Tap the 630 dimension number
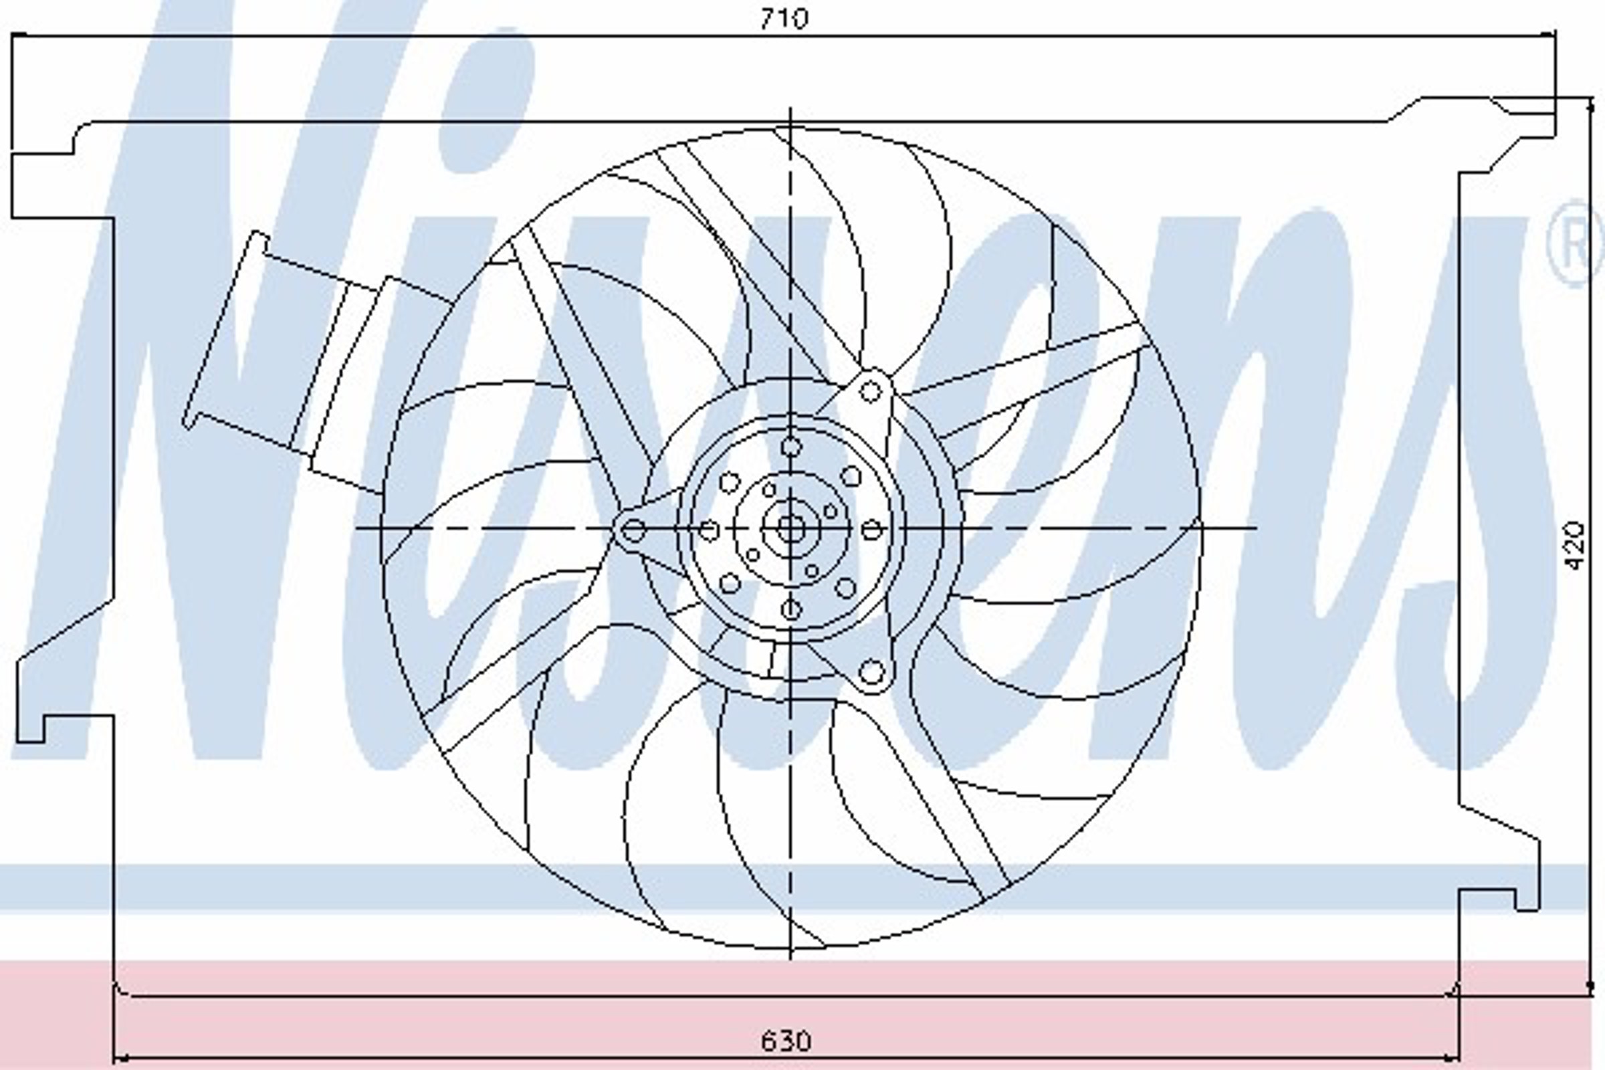tap(786, 1041)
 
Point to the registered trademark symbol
tap(1575, 243)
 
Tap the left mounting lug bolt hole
tap(634, 530)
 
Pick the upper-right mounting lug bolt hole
tap(870, 392)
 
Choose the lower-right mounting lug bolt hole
tap(871, 672)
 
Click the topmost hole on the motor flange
tap(790, 447)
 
